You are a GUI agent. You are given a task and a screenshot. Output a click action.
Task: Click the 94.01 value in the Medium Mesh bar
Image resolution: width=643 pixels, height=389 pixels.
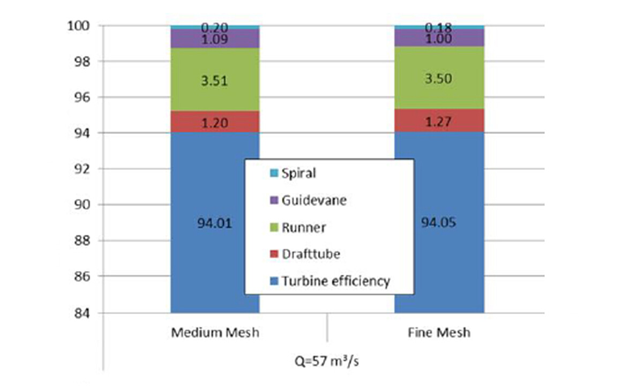(x=215, y=223)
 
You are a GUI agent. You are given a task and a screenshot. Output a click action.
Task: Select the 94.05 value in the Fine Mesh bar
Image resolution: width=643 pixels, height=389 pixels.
(x=439, y=223)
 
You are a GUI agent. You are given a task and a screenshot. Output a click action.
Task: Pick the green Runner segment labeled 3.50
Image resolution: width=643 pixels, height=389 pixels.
(x=439, y=79)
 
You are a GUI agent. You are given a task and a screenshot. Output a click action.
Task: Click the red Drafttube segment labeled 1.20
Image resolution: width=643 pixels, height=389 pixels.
(x=215, y=123)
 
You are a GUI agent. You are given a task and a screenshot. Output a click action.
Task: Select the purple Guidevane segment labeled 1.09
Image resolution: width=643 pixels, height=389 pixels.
(x=215, y=39)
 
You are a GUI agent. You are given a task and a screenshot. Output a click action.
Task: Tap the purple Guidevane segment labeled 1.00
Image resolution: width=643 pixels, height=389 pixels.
(x=439, y=38)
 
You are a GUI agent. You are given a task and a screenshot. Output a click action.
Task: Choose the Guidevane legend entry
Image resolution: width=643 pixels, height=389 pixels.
(x=313, y=200)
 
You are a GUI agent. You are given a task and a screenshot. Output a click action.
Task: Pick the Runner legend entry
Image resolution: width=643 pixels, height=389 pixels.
(x=303, y=228)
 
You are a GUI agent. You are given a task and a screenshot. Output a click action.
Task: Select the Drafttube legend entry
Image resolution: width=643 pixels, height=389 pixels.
(x=310, y=254)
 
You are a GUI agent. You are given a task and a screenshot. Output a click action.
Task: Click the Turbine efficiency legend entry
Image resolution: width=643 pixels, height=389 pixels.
(x=335, y=281)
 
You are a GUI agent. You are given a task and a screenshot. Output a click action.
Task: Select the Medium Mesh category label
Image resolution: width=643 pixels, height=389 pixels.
(x=215, y=332)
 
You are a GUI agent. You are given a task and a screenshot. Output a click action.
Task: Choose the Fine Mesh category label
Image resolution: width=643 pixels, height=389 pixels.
(x=439, y=332)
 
